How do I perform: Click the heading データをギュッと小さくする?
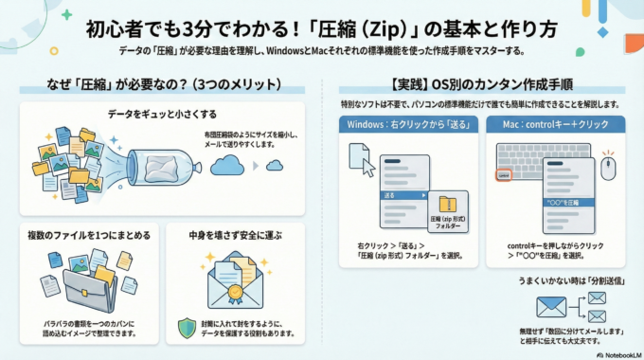(157, 116)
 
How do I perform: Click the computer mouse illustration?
(609, 168)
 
